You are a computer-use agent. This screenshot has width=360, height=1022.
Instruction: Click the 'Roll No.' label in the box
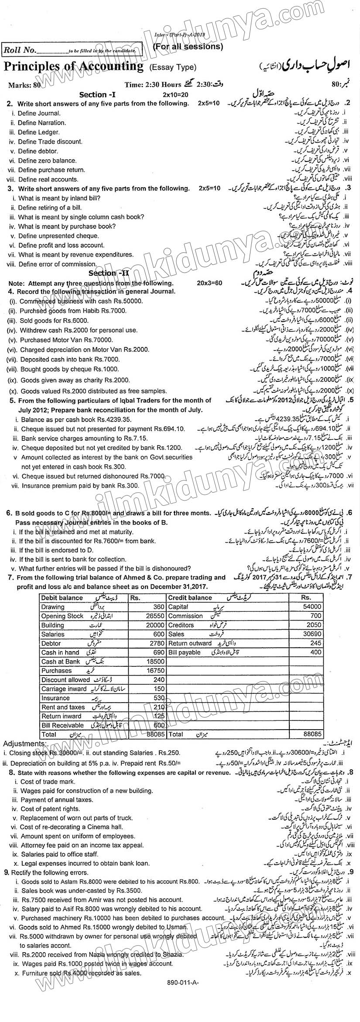pos(19,50)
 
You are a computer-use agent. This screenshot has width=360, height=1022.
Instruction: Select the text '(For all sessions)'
pos(188,46)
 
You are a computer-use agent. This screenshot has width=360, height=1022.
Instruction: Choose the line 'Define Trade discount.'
pos(50,141)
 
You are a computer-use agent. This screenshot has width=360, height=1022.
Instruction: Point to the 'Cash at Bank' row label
pos(61,661)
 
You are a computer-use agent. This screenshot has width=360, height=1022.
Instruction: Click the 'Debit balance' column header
pos(62,597)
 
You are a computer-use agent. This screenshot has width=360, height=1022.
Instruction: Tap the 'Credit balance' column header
pos(190,597)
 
